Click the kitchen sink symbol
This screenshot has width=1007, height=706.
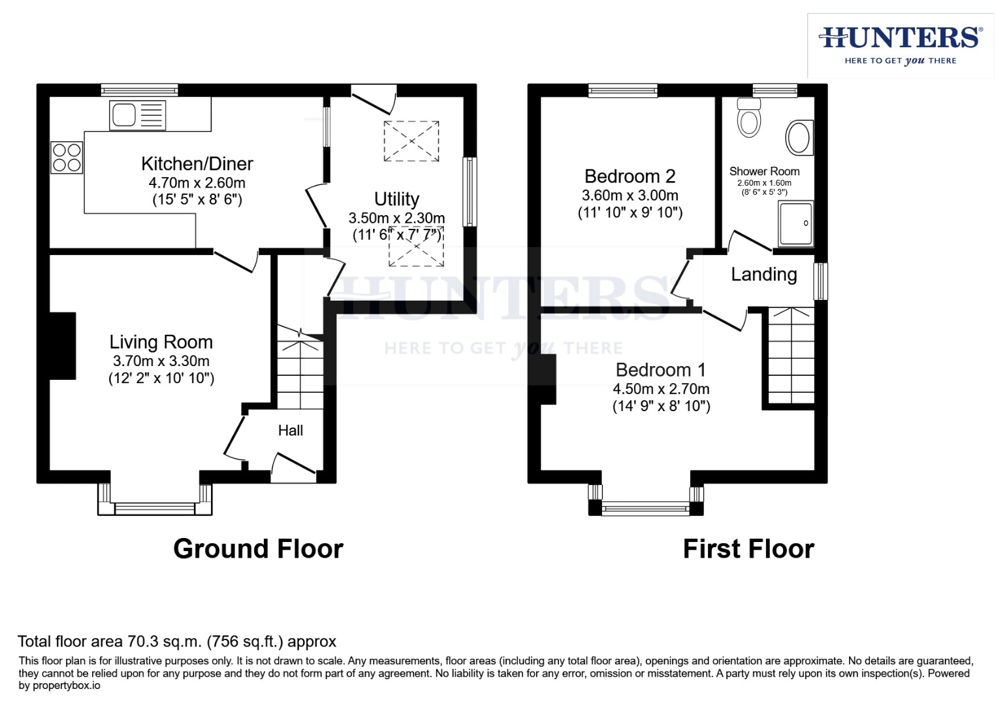137,116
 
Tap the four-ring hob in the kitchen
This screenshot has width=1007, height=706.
67,158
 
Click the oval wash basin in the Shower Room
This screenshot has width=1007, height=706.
799,138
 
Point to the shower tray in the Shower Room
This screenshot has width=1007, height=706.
796,224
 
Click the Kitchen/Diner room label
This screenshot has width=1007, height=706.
197,163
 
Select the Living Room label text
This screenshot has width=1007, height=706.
161,342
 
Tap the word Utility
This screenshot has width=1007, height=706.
396,199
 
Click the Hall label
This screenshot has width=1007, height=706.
291,430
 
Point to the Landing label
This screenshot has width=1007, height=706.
763,275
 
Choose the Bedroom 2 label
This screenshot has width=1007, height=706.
630,176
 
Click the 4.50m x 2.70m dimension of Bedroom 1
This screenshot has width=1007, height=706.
661,389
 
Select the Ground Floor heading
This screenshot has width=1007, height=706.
258,549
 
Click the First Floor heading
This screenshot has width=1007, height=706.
748,549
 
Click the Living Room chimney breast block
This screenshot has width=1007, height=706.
63,346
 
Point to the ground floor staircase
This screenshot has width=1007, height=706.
300,369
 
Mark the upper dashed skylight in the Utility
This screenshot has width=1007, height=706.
411,141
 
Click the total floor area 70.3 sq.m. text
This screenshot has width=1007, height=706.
176,641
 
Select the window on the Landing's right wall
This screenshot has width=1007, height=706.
820,281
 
